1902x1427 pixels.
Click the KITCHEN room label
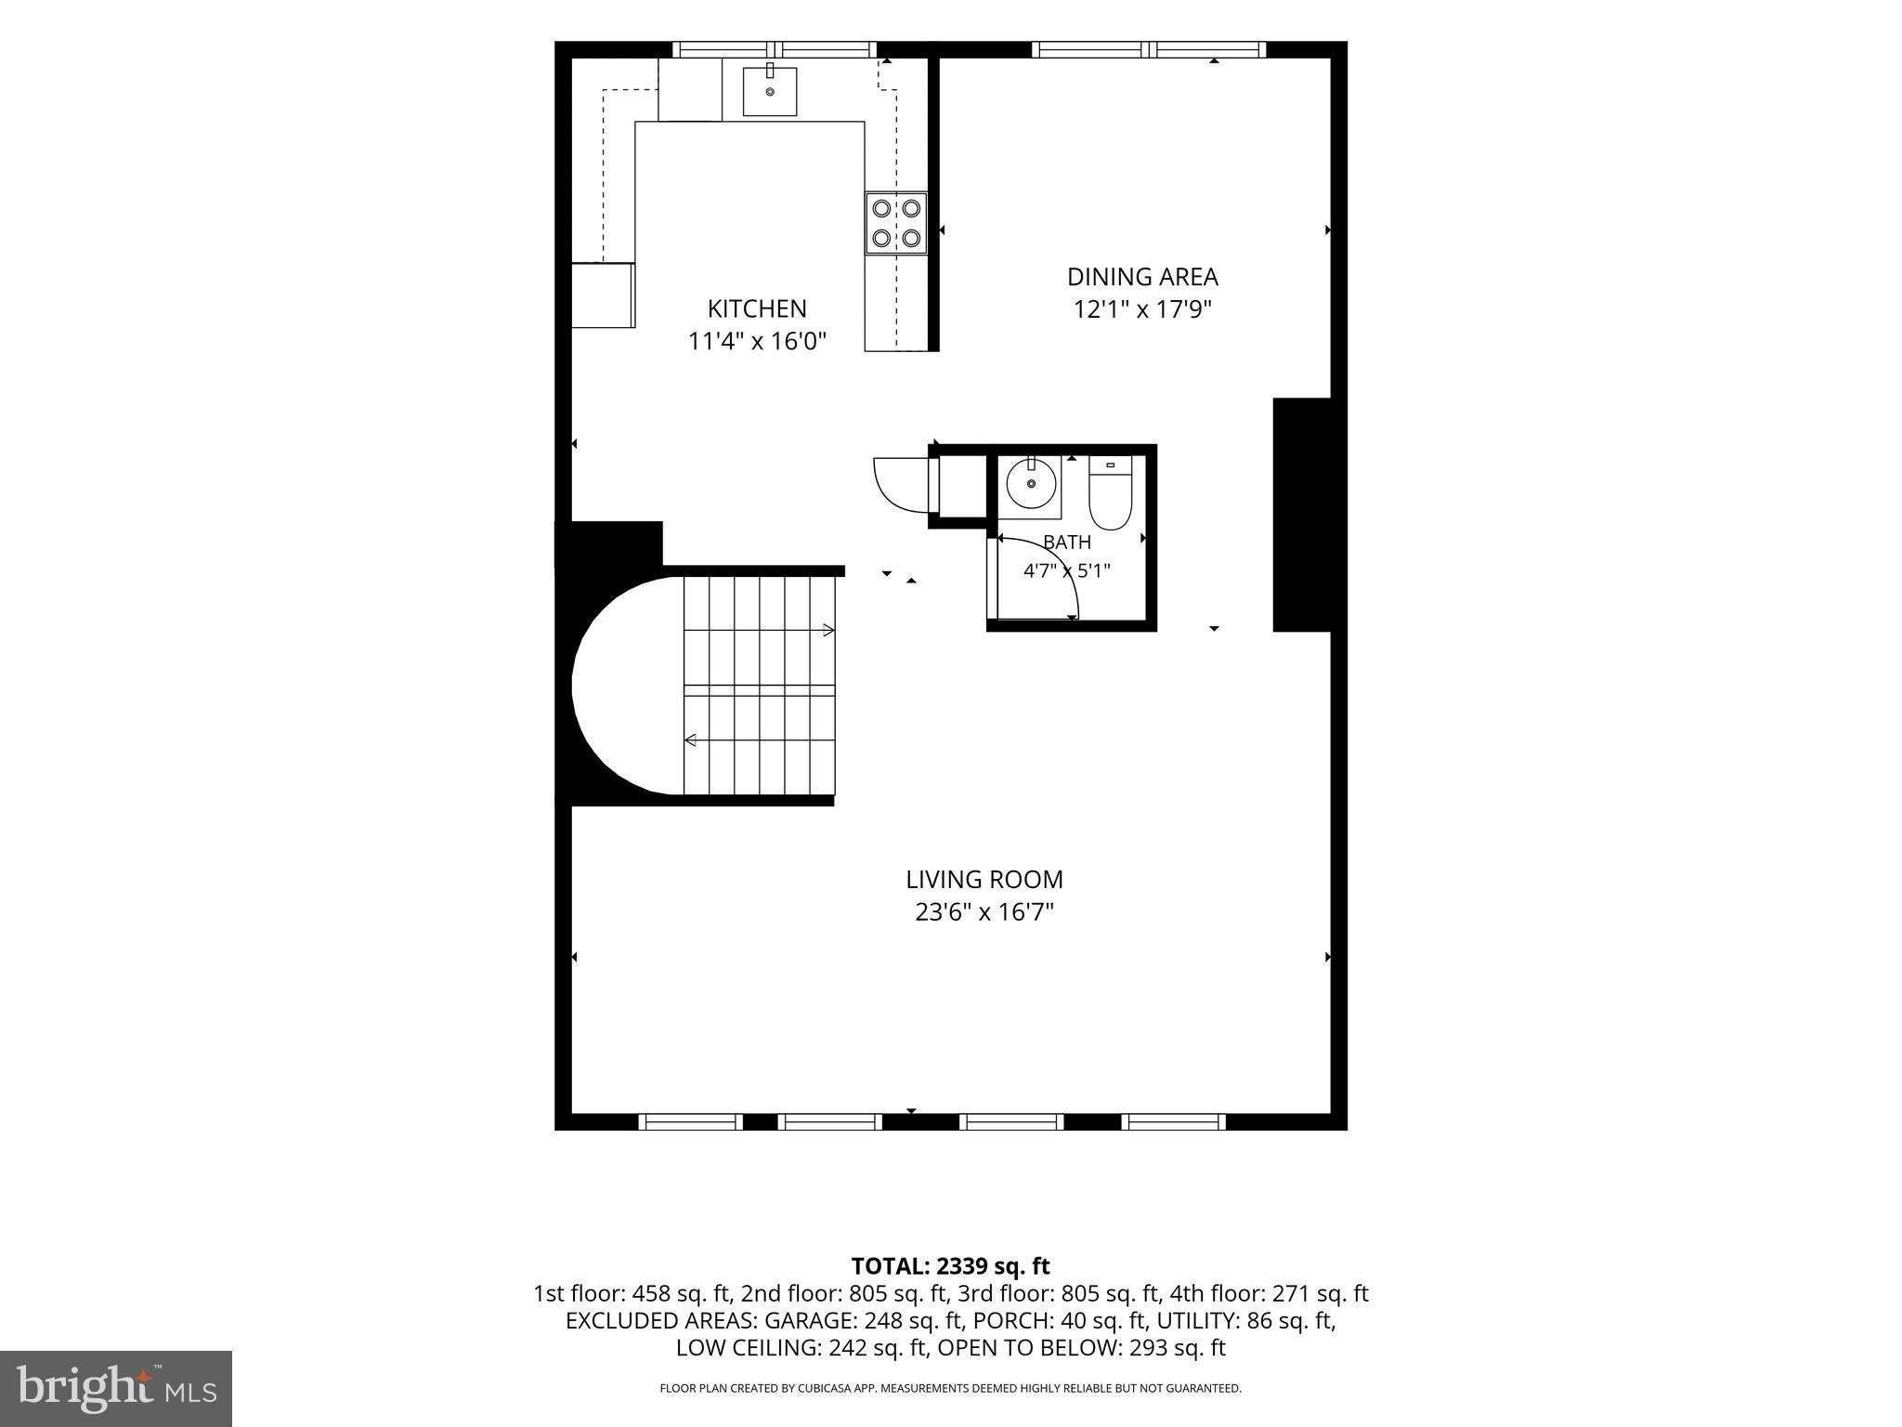click(757, 308)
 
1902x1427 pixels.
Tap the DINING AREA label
click(1142, 277)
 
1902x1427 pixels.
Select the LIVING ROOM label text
click(984, 879)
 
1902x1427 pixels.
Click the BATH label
click(1067, 543)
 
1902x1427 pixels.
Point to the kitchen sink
click(770, 91)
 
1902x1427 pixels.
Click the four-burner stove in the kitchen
click(896, 223)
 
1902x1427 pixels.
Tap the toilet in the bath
click(1110, 491)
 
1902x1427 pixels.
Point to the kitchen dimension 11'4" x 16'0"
click(757, 342)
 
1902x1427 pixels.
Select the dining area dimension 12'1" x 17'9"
click(1142, 309)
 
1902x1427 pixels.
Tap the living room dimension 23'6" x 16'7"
click(984, 912)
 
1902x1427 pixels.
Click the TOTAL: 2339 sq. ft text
click(950, 1266)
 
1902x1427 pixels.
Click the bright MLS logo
click(116, 1388)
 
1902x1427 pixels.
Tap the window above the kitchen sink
click(775, 50)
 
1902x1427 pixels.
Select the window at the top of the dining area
click(1149, 50)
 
